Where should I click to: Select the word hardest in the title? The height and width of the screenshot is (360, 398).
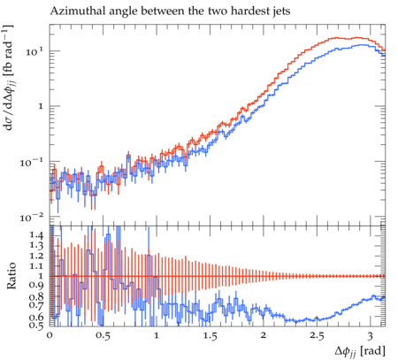(x=249, y=11)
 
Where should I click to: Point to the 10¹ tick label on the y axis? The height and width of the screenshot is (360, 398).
(x=34, y=52)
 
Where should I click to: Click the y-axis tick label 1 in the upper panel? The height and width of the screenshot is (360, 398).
(x=41, y=106)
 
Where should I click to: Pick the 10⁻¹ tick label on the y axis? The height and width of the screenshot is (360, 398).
(x=33, y=163)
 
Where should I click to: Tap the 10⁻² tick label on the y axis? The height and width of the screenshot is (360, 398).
(x=33, y=218)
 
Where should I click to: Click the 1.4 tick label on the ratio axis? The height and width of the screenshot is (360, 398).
(x=37, y=235)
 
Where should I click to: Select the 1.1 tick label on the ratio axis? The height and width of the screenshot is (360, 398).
(x=37, y=266)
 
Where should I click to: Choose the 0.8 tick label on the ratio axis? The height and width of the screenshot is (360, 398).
(x=37, y=296)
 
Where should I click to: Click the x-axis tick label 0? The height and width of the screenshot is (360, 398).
(x=50, y=335)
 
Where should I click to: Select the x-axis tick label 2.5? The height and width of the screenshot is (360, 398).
(x=317, y=335)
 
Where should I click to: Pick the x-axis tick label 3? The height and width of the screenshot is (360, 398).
(x=370, y=335)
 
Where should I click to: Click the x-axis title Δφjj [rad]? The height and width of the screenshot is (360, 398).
(x=360, y=351)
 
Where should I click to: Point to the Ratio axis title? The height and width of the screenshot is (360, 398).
(x=11, y=276)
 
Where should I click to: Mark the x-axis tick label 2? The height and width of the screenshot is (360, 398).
(x=264, y=335)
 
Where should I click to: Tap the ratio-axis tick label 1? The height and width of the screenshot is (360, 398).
(x=42, y=276)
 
